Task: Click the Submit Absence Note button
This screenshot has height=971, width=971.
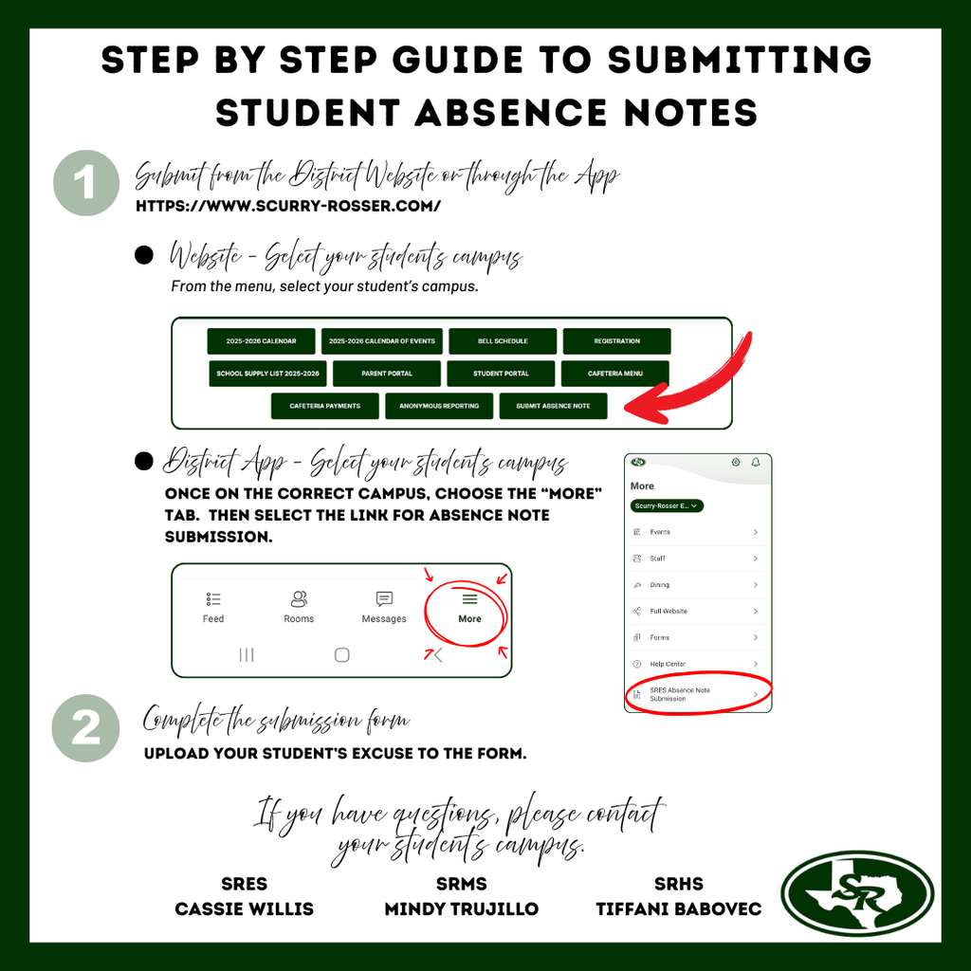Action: [x=553, y=406]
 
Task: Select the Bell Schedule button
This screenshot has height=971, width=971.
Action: [x=502, y=341]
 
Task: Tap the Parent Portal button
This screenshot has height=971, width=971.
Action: [x=387, y=374]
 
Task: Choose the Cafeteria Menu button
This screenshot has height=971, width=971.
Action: [x=614, y=374]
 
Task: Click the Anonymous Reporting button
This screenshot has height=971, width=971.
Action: [x=439, y=406]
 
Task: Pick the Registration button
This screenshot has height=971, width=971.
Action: [x=616, y=341]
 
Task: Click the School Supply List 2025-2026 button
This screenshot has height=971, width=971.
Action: [x=267, y=374]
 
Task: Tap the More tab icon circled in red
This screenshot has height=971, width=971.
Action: [x=469, y=608]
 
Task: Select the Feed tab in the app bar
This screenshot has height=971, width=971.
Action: [x=213, y=608]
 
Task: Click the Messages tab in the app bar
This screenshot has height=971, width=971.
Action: [x=384, y=608]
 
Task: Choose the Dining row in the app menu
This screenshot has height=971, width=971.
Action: [x=697, y=585]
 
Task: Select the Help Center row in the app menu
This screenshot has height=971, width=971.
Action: [x=697, y=664]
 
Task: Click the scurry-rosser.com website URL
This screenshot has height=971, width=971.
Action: [x=288, y=206]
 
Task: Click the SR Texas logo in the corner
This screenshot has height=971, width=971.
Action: [x=857, y=893]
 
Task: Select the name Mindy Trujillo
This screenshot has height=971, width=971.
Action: [x=461, y=908]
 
